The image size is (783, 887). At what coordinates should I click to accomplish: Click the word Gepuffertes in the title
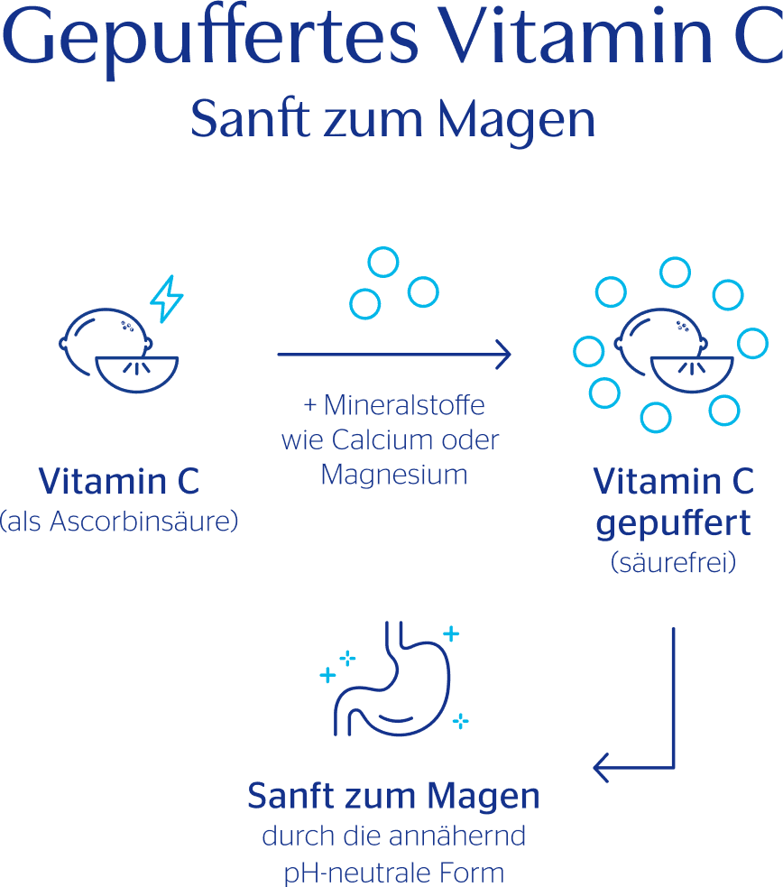point(216,41)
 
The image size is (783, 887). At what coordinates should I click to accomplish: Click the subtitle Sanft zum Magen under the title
point(393,120)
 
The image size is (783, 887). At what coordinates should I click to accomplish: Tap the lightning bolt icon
point(166,300)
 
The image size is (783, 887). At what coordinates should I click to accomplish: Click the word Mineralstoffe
point(404,406)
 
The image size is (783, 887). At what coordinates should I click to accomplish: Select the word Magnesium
point(394,474)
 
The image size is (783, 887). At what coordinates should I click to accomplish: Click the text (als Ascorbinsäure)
point(119,522)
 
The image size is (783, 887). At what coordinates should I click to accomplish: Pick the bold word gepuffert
point(673,523)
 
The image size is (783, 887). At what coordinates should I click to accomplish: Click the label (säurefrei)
point(673,564)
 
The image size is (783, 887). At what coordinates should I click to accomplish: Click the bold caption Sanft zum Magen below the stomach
point(393,797)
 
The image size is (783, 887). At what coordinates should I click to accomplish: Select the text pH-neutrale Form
point(393,873)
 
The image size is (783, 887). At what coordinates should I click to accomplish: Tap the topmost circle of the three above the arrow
point(383,262)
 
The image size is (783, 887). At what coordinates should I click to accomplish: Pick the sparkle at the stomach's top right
point(451,633)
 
